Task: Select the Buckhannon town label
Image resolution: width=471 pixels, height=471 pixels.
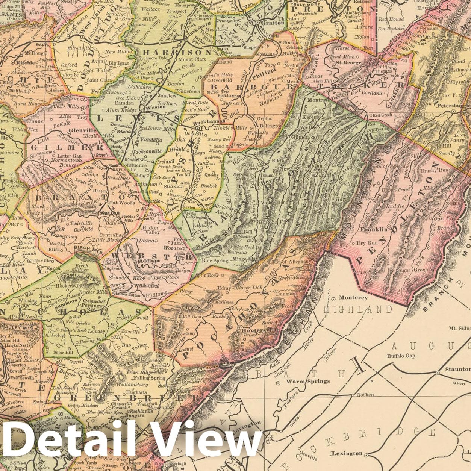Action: [x=209, y=122]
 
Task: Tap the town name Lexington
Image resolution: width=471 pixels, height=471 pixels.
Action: [x=347, y=454]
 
